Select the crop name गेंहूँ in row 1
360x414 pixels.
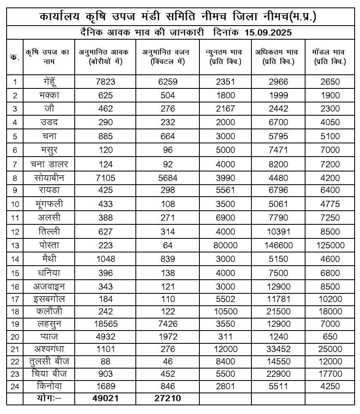click(x=49, y=81)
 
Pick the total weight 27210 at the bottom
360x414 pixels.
click(x=168, y=399)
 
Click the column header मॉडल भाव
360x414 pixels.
click(x=330, y=57)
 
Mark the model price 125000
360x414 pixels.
click(x=330, y=245)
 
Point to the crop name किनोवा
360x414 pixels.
click(x=49, y=386)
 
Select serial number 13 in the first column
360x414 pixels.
click(x=15, y=245)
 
